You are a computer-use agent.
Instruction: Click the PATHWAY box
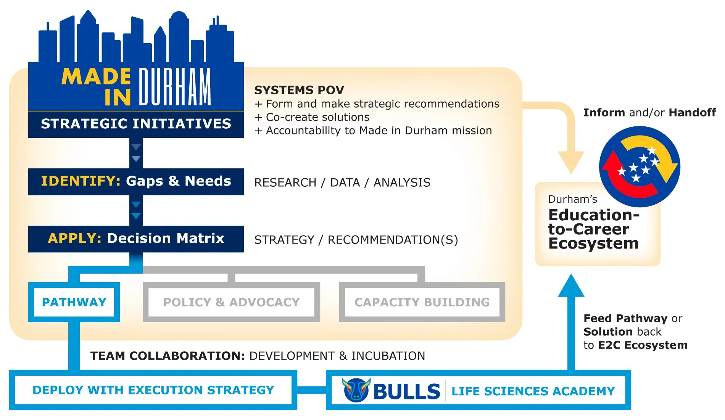click(74, 302)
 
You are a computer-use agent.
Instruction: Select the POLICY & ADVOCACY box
click(231, 302)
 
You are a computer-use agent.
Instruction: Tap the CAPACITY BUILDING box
click(422, 302)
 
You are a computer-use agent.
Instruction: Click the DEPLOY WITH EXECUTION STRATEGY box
click(153, 390)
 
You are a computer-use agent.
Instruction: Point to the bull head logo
click(356, 390)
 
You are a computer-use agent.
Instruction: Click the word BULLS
click(407, 391)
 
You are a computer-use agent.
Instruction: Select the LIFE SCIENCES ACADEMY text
click(533, 391)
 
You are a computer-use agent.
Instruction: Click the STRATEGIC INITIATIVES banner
click(136, 124)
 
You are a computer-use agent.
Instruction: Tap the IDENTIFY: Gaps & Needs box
click(136, 181)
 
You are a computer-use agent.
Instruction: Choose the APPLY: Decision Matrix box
click(136, 239)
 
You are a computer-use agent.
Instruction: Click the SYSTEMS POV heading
click(299, 90)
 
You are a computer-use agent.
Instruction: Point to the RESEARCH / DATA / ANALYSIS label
click(342, 183)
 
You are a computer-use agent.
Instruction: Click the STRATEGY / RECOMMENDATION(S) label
click(356, 240)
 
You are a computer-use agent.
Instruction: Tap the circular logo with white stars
click(639, 166)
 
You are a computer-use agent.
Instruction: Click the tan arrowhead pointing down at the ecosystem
click(571, 161)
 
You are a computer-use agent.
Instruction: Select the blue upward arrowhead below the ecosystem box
click(571, 286)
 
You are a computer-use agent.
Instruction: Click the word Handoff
click(692, 113)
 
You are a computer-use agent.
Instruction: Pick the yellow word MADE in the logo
click(96, 77)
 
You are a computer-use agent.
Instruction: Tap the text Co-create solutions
click(317, 117)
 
